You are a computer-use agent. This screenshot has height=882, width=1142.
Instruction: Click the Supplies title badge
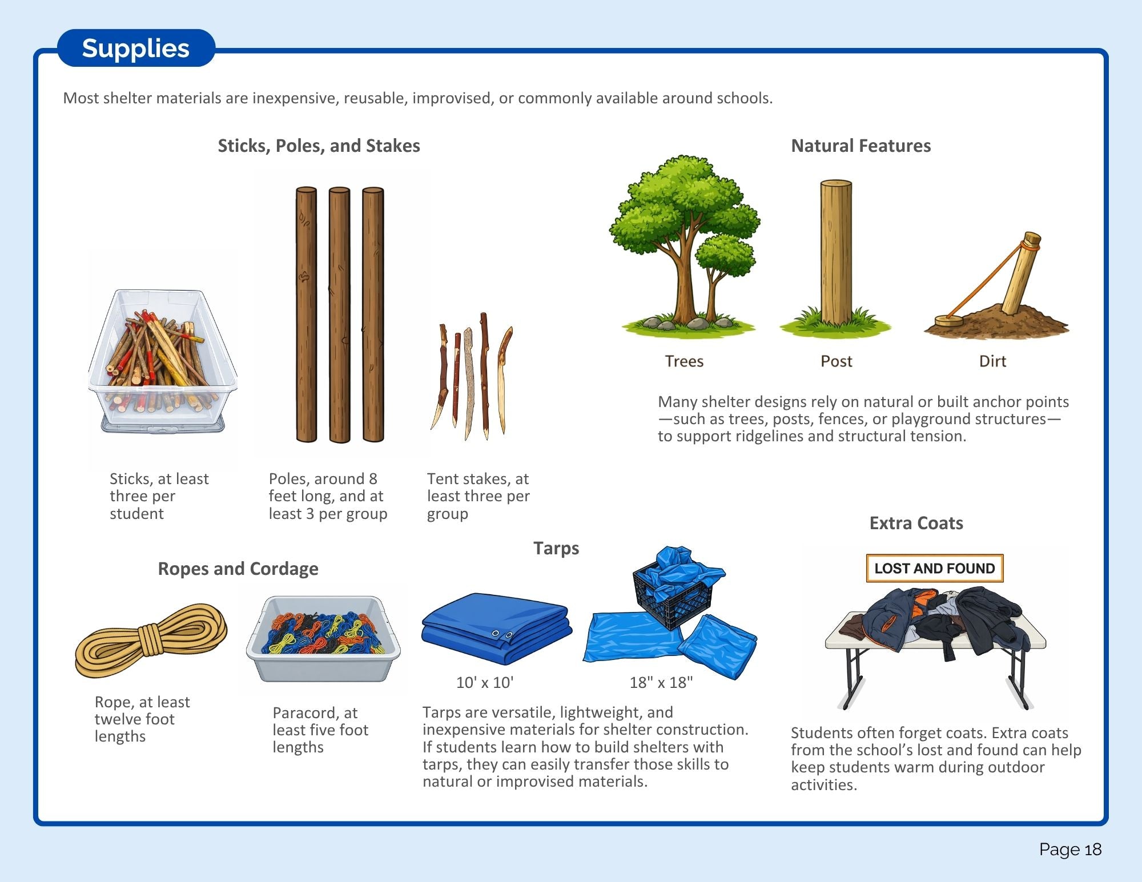tap(136, 48)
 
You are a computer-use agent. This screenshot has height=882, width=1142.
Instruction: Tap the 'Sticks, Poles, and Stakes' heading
tap(319, 146)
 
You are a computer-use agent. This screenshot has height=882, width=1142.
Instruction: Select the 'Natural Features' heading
tap(860, 146)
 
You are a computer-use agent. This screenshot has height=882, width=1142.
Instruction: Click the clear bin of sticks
tap(163, 361)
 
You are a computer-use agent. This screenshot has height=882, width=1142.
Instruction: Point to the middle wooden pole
tap(339, 315)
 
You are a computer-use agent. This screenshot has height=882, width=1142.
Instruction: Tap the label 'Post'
tap(836, 361)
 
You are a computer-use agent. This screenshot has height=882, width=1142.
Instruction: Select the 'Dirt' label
tap(992, 361)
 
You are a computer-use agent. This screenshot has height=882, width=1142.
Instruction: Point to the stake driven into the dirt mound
tap(1022, 273)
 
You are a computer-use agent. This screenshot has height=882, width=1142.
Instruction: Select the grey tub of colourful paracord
tap(323, 638)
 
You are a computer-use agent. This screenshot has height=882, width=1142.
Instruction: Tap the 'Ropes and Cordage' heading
tap(238, 569)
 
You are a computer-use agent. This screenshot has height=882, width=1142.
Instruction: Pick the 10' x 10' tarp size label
tap(485, 682)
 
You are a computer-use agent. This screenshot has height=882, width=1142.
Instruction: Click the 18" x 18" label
tap(661, 682)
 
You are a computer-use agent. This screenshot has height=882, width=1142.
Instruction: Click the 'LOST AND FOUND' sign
tap(935, 568)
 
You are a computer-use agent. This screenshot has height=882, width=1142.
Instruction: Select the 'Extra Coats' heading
tap(916, 523)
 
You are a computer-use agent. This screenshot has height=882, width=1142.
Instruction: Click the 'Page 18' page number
tap(1070, 849)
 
